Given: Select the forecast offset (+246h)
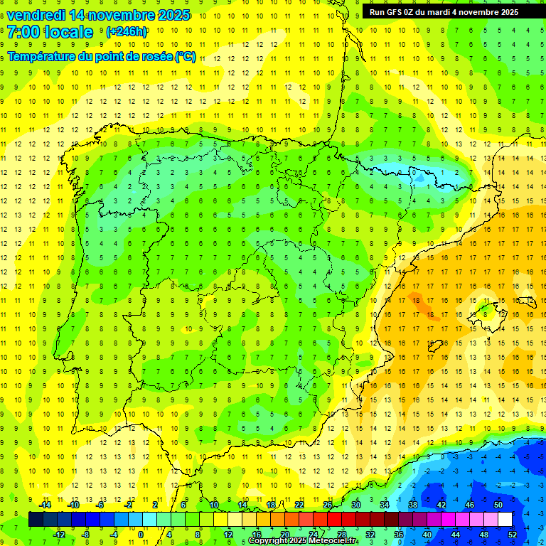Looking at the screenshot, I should coord(127,32).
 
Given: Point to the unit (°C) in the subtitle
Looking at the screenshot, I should coord(185,56).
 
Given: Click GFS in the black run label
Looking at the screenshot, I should coord(393,12).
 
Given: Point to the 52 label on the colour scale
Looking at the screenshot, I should coord(513,535).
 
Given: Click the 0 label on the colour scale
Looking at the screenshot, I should coord(141,535).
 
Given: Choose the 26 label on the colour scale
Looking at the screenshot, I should coord(328,505).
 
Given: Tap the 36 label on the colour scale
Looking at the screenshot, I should coord(399,535).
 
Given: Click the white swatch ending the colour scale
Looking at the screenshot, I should coord(511,520).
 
